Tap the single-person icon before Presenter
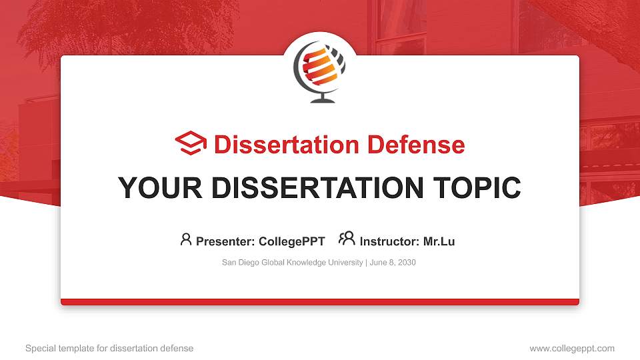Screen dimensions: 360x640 pos(186,239)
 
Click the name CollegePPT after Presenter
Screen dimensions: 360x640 pos(292,241)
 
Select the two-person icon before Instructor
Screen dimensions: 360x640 pos(347,239)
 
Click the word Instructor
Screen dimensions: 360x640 pos(389,241)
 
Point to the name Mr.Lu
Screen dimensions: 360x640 pos(439,241)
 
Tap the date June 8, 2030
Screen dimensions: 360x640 pos(393,263)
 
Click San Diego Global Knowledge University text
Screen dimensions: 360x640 pos(292,263)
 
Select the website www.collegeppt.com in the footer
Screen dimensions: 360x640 pos(572,348)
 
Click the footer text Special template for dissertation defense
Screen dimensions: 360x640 pos(109,348)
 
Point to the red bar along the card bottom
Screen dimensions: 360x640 pos(320,302)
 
